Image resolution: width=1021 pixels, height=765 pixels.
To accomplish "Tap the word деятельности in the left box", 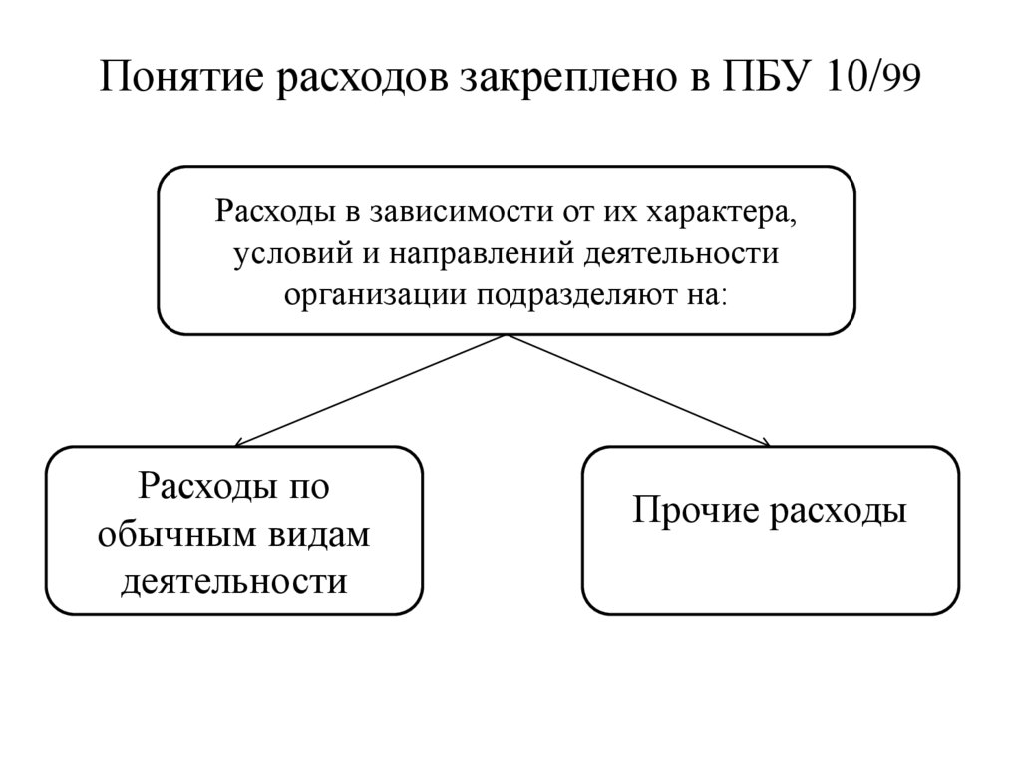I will pos(234,579).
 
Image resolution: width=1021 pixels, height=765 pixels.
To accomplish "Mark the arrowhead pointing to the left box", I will pos(239,442).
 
